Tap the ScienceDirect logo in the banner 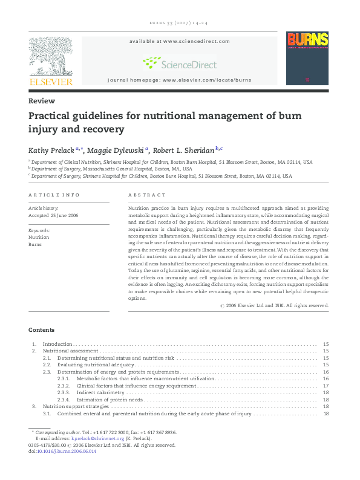pos(180,62)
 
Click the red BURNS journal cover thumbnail pos(307,58)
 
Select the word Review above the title pos(42,101)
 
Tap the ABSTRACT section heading pos(146,195)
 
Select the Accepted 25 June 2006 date pos(53,215)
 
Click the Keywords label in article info pos(39,230)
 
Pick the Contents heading pos(41,330)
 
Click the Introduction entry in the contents pos(57,344)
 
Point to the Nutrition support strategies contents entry pos(76,407)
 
